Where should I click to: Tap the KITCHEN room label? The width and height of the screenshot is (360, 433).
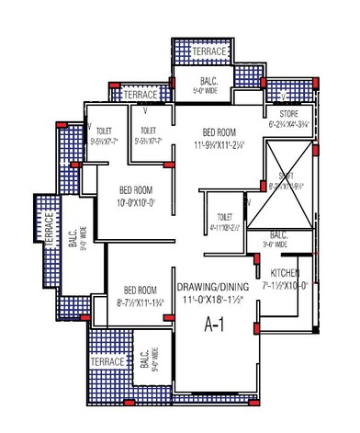point(286,273)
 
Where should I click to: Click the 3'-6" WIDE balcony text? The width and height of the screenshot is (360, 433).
point(275,245)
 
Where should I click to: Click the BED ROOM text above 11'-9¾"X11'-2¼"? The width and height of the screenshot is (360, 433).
point(222,131)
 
